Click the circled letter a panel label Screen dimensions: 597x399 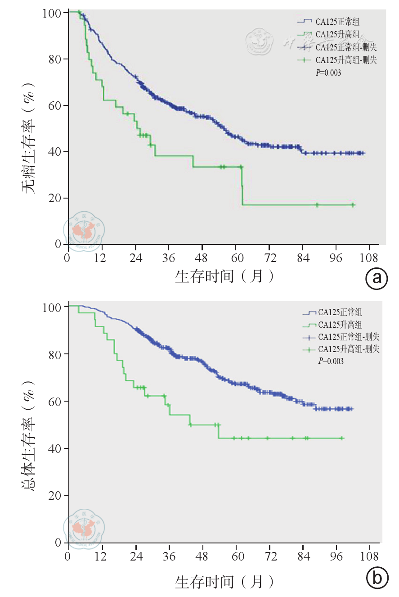(377, 279)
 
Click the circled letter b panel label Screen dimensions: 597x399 (377, 578)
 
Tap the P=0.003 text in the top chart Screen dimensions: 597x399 (328, 72)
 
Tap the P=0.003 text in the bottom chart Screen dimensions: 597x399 (331, 361)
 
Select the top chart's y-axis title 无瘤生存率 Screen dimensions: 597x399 (30, 138)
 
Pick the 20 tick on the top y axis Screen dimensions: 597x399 (54, 198)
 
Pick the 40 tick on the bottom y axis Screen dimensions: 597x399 (54, 448)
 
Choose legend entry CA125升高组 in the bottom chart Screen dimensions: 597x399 (340, 325)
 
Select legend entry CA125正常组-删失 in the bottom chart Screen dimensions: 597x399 (349, 337)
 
